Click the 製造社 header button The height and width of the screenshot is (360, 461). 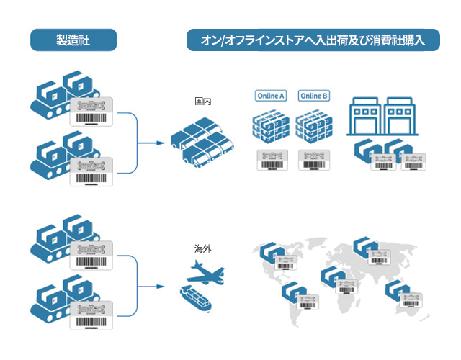click(73, 40)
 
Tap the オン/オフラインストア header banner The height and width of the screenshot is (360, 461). click(313, 40)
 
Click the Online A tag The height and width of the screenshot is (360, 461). click(272, 96)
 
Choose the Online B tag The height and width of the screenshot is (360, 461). click(314, 96)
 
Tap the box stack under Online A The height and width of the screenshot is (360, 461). click(271, 129)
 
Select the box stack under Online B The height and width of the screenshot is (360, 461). click(314, 129)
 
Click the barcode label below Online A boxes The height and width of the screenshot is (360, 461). click(272, 160)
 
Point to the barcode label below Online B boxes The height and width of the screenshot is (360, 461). click(314, 160)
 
